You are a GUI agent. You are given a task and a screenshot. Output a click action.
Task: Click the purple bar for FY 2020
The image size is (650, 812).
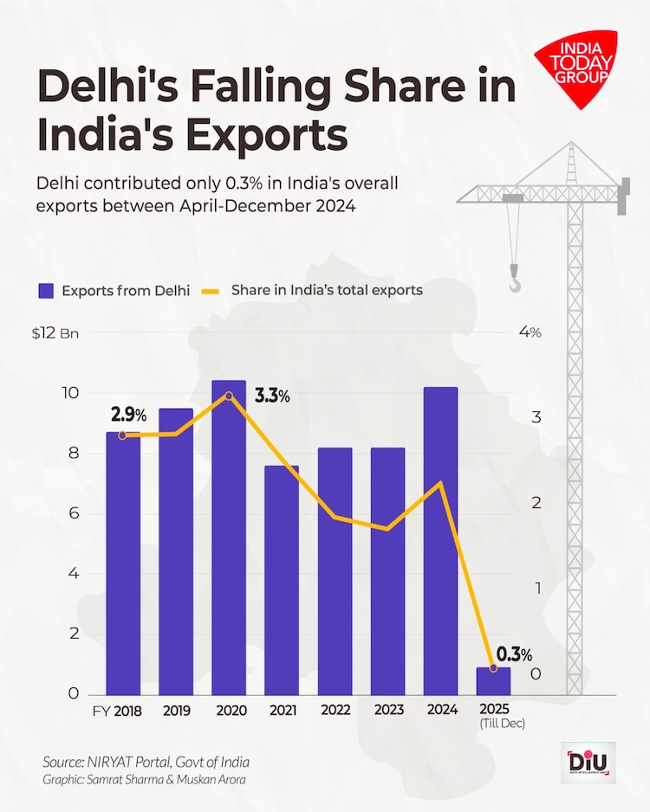point(229,537)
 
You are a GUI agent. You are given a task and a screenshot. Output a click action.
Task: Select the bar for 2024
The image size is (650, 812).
point(440,540)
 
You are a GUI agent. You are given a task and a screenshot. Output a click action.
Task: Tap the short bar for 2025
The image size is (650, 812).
point(493,680)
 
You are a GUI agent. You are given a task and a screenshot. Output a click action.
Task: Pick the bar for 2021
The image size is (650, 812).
point(282,580)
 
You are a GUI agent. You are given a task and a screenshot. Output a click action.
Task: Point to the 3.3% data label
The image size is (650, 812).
point(272,396)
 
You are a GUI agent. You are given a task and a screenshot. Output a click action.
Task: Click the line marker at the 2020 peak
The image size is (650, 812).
point(229,396)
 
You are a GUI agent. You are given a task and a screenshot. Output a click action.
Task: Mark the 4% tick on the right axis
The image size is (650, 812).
point(530,333)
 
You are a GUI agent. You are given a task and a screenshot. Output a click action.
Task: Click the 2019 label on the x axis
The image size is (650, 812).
point(176,711)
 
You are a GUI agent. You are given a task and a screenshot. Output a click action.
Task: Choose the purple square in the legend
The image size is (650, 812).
point(45,291)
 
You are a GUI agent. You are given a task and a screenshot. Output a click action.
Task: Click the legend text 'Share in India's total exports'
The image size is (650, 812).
point(327,291)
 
